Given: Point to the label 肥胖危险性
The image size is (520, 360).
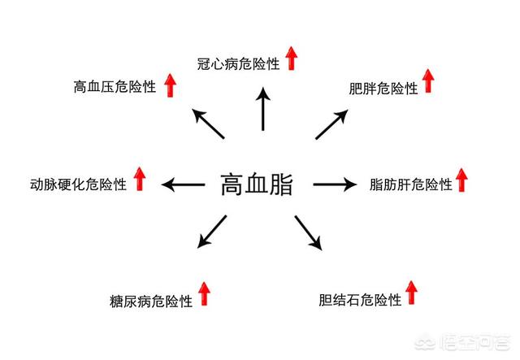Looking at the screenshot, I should pyautogui.click(x=382, y=87).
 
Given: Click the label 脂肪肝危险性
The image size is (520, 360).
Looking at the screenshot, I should pyautogui.click(x=410, y=184).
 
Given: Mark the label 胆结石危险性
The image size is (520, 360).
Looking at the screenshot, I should pyautogui.click(x=361, y=300).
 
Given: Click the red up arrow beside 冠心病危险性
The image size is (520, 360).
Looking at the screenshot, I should pyautogui.click(x=291, y=58).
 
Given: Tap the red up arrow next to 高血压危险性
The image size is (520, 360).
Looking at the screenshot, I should pyautogui.click(x=170, y=83).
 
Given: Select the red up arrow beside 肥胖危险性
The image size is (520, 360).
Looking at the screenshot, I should pyautogui.click(x=428, y=80).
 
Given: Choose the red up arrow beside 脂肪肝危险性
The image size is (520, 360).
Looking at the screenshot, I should pyautogui.click(x=461, y=180).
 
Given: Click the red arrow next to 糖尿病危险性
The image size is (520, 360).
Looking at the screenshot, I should pyautogui.click(x=204, y=293).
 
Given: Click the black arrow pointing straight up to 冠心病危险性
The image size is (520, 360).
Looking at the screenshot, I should pyautogui.click(x=262, y=109).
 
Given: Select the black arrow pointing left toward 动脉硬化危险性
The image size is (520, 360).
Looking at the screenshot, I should pyautogui.click(x=183, y=184).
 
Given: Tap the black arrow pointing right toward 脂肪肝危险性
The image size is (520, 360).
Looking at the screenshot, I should pyautogui.click(x=335, y=184).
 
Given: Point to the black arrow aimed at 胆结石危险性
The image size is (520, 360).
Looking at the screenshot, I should pyautogui.click(x=308, y=232).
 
